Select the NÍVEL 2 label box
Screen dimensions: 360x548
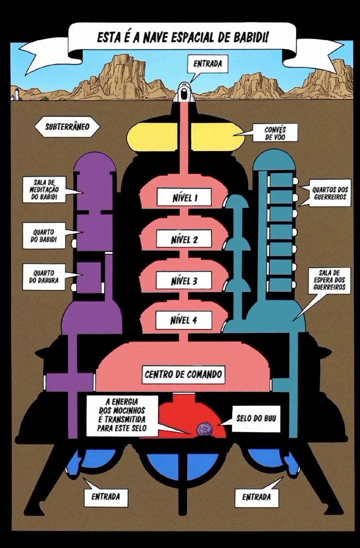click(184, 239)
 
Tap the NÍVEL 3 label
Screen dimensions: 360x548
click(184, 280)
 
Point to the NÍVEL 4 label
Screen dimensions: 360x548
click(184, 319)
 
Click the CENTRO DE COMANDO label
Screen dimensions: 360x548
click(183, 374)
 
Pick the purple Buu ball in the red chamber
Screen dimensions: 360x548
click(202, 429)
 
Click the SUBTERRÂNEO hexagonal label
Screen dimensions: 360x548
click(67, 126)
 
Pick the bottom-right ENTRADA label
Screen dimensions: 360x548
click(257, 496)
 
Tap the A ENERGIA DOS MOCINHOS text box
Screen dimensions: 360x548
click(122, 415)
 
